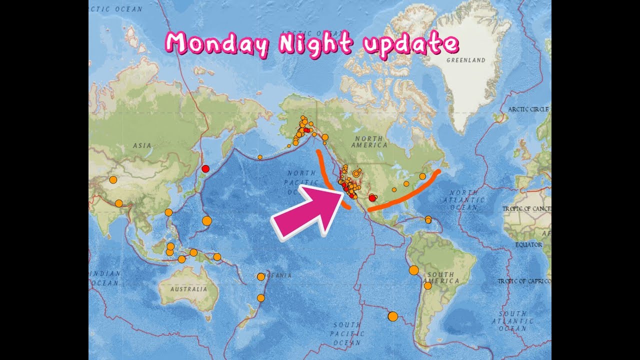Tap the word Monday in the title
(216, 44)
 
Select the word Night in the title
(315, 43)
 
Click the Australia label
(188, 289)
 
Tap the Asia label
(142, 145)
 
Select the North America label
(369, 141)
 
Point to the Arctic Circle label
(528, 109)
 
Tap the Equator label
(528, 245)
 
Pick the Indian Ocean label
(104, 278)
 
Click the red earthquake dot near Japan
(205, 168)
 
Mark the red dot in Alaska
(306, 130)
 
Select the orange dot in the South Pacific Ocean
(392, 316)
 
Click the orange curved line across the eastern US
(405, 196)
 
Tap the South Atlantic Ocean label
(512, 320)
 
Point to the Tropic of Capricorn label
(523, 281)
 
